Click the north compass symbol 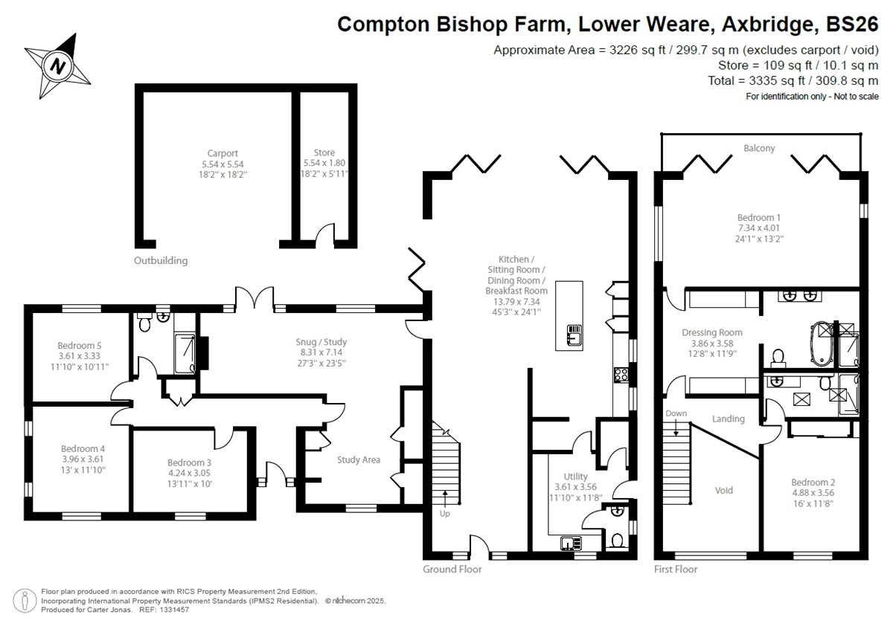(x=58, y=67)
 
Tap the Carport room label (x=223, y=153)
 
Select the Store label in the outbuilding (x=324, y=153)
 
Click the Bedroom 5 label (x=79, y=345)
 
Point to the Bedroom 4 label (x=82, y=448)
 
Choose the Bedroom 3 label (x=189, y=462)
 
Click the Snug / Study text (x=321, y=341)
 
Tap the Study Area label (x=358, y=459)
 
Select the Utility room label (x=575, y=476)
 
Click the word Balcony (x=759, y=148)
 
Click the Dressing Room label (x=712, y=332)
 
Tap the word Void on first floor (x=723, y=490)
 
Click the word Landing (x=728, y=419)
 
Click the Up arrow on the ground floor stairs (x=446, y=497)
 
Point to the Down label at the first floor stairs (x=676, y=413)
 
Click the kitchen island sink (x=574, y=335)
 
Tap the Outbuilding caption (x=161, y=260)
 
